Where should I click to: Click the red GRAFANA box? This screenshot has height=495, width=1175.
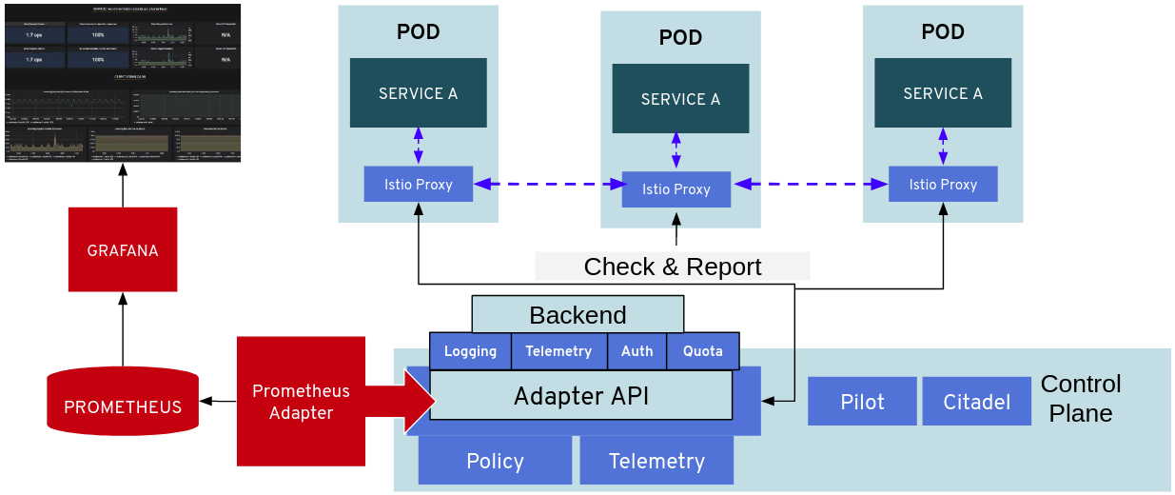tap(123, 249)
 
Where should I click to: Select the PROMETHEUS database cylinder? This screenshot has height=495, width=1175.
tap(123, 401)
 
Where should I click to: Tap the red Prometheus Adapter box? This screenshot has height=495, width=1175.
tap(301, 401)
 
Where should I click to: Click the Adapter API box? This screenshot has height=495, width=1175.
tap(580, 395)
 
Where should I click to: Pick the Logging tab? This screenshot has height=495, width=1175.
tap(470, 351)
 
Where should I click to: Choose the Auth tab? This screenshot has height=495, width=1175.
tap(636, 351)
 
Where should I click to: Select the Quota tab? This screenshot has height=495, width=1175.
tap(702, 351)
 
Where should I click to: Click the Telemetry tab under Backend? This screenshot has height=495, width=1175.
tap(558, 351)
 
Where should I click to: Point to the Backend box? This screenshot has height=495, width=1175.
tap(578, 314)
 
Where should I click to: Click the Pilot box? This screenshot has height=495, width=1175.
tap(862, 402)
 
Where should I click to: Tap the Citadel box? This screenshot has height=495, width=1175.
tap(976, 402)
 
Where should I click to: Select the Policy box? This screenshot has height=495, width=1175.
tap(495, 461)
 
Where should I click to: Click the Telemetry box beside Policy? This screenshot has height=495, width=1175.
tap(656, 461)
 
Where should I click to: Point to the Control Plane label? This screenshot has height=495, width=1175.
tap(1081, 398)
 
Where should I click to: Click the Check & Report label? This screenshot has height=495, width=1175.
tap(672, 267)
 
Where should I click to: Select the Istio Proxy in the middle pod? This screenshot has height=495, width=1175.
tap(676, 189)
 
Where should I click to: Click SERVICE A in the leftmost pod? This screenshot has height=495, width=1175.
tap(418, 93)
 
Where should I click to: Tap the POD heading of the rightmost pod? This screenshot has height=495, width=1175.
tap(942, 32)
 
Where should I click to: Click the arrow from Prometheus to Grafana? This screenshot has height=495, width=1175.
tap(123, 329)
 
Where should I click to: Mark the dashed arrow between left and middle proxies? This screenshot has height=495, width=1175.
tap(547, 184)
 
